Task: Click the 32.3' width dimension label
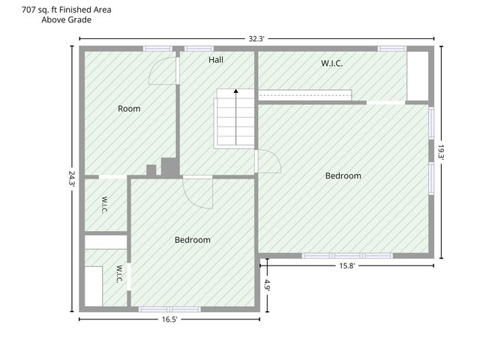point(256,39)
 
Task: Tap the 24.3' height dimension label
point(71,178)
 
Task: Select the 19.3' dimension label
point(441,151)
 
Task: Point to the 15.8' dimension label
point(346,265)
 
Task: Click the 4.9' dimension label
point(267,285)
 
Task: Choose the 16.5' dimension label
point(169,319)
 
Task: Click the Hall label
point(216,60)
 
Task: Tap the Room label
point(129,109)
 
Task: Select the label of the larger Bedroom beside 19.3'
point(343,175)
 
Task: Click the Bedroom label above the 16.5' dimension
point(193,240)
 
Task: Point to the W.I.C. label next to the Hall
point(332,63)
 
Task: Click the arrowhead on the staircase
point(235,91)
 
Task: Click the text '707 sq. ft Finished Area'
point(66,10)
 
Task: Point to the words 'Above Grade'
point(66,19)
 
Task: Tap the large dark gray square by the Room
point(169,166)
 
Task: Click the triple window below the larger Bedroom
point(347,256)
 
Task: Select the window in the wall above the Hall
point(199,49)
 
